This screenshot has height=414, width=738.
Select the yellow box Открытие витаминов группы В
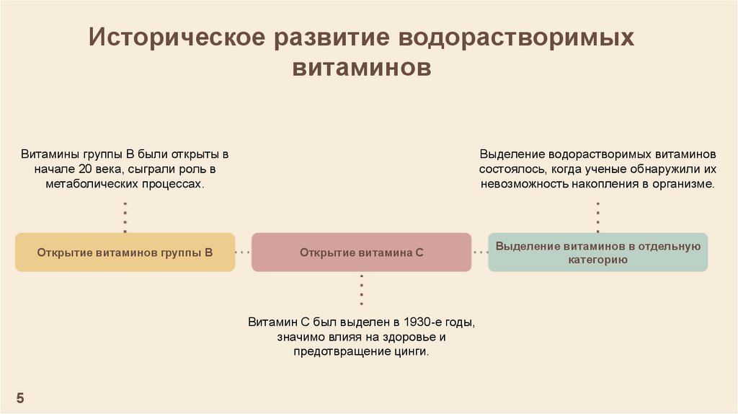(125, 252)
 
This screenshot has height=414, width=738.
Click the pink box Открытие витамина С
(361, 252)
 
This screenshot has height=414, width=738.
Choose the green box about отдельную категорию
(597, 252)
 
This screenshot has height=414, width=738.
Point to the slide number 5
(20, 398)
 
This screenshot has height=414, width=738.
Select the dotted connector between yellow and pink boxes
(243, 252)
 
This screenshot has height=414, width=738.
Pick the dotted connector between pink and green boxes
(479, 252)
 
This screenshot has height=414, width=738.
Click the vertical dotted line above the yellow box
(125, 216)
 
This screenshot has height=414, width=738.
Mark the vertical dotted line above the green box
(597, 216)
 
